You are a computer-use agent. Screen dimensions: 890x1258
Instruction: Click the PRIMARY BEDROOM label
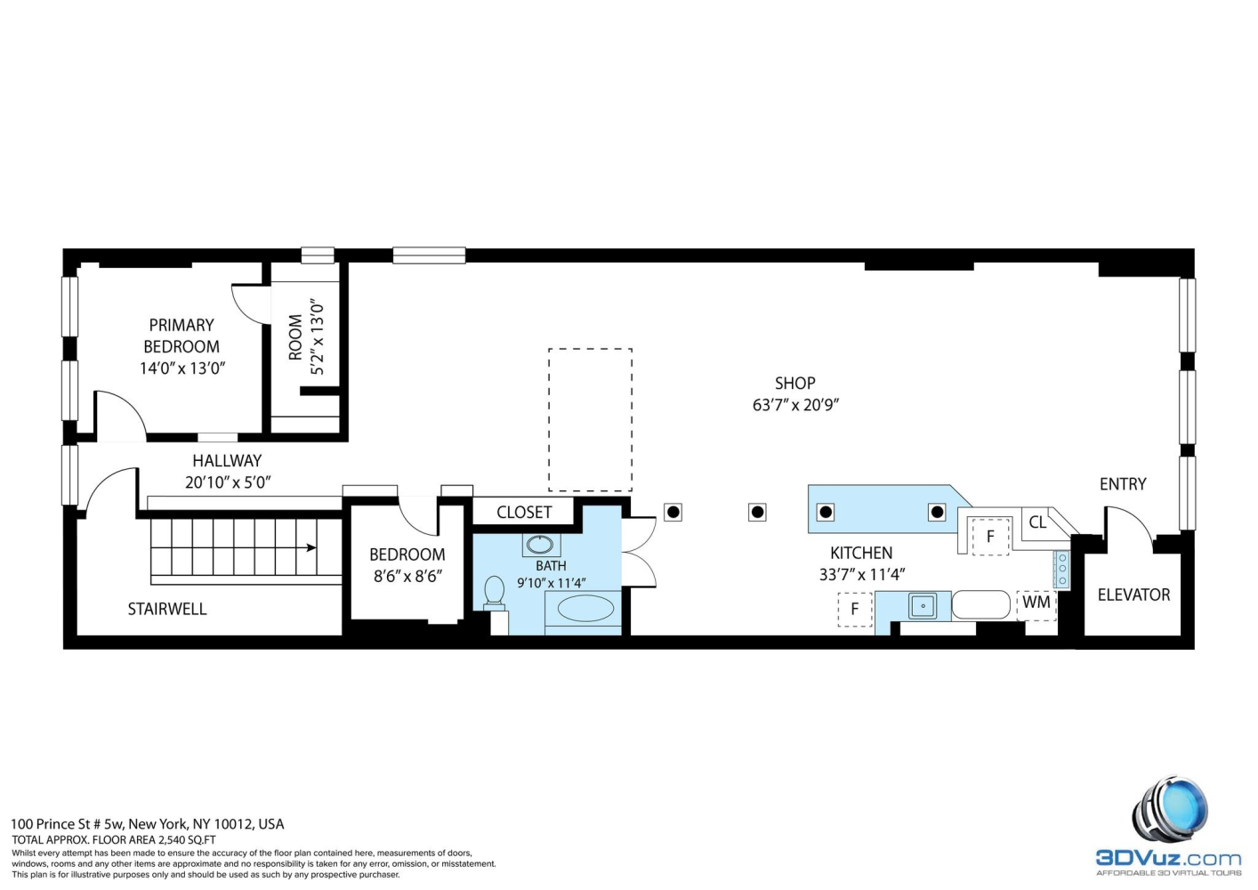tap(181, 336)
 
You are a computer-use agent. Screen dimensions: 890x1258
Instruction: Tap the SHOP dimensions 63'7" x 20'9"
tap(795, 405)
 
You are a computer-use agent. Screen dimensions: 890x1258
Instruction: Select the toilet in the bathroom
tap(494, 592)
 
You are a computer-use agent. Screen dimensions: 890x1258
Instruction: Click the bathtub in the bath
tap(585, 609)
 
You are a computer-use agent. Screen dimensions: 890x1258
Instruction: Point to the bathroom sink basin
tap(539, 545)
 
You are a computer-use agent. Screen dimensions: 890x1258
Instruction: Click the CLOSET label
tap(524, 512)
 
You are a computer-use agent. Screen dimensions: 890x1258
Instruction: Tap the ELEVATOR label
tap(1133, 595)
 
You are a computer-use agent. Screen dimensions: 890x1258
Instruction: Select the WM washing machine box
tap(1036, 603)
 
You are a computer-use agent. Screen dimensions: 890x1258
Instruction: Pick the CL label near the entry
tap(1037, 522)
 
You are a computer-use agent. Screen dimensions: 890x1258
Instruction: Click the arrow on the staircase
tap(310, 547)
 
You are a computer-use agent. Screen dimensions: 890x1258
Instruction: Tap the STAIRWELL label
tap(167, 609)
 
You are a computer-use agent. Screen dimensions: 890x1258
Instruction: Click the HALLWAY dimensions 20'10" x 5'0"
tap(228, 482)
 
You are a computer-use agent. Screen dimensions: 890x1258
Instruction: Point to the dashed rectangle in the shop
tap(590, 419)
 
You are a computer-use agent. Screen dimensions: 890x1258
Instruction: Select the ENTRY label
tap(1123, 484)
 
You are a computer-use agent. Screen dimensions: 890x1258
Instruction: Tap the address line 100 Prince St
tap(148, 824)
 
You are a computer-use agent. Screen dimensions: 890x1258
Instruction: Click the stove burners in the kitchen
tap(1061, 570)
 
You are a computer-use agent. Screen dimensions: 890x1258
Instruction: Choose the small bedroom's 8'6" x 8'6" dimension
tap(407, 576)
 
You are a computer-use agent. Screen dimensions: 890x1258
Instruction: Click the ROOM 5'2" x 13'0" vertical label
tap(307, 337)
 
